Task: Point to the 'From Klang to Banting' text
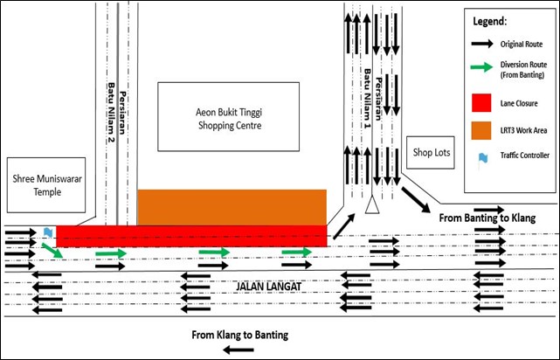click(239, 335)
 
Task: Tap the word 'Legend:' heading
click(490, 19)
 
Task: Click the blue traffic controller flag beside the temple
click(46, 232)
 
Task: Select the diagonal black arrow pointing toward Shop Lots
click(414, 197)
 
